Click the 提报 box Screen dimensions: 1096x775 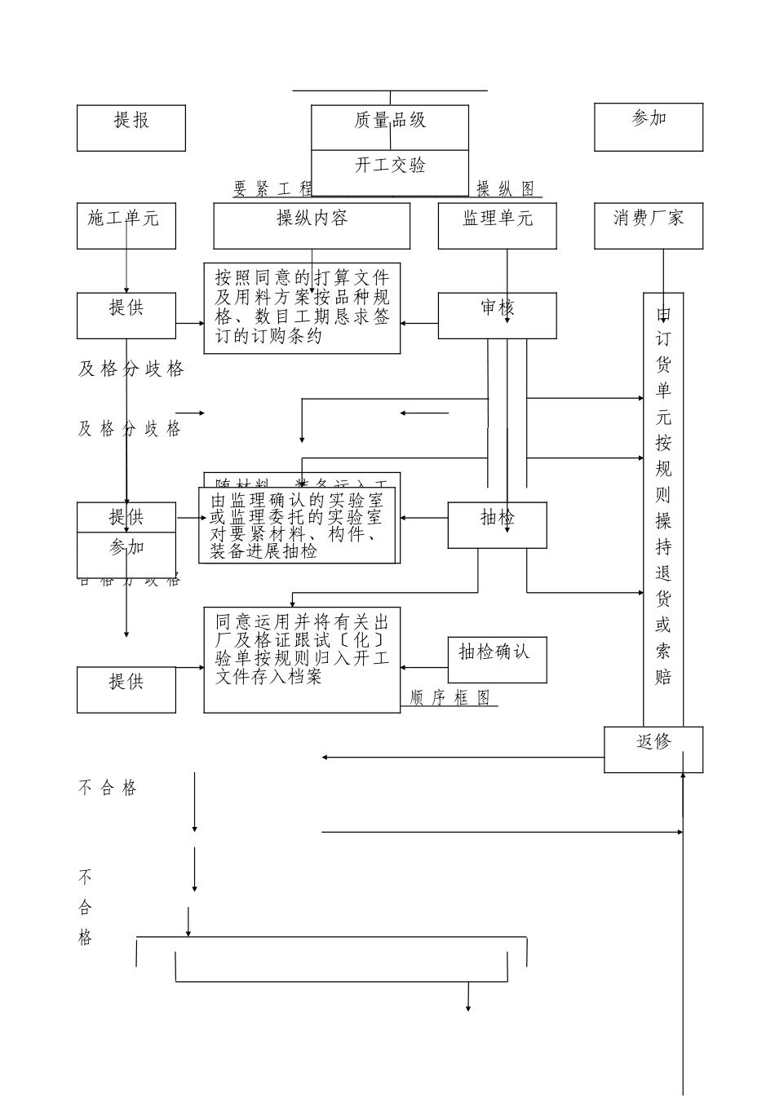131,128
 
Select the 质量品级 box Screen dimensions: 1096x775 390,127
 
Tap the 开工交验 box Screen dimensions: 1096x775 390,173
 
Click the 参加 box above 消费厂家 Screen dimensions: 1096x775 649,126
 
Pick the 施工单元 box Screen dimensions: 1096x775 126,226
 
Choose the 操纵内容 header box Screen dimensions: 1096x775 312,226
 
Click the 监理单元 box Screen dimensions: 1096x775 497,226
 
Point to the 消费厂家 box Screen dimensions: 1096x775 649,226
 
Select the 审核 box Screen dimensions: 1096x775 497,316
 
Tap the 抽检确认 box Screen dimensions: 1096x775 497,659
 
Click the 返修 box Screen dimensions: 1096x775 653,749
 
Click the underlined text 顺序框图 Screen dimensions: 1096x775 450,699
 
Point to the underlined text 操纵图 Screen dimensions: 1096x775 506,190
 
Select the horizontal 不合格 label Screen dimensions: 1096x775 108,788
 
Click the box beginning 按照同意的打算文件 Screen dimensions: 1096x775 302,308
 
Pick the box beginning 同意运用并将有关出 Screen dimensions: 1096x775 302,659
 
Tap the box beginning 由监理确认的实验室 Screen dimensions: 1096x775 297,525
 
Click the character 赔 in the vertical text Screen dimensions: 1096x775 663,677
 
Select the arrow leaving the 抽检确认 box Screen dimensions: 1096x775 424,667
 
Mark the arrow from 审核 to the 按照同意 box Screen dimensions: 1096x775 419,323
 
